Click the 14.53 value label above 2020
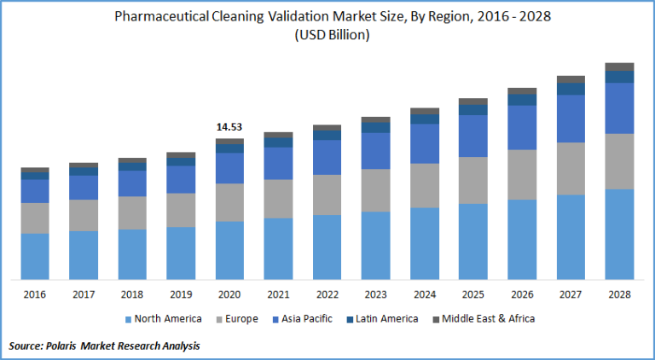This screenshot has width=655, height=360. (x=229, y=127)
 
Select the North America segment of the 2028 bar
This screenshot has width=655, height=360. (x=619, y=234)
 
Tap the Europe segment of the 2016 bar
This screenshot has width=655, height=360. (x=35, y=218)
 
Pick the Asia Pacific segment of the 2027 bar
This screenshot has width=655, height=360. (x=571, y=118)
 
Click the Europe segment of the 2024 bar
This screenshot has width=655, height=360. (x=425, y=185)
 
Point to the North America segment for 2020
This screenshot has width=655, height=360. (x=229, y=250)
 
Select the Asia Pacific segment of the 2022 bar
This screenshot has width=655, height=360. (x=327, y=157)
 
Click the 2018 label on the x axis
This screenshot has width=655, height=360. (x=132, y=294)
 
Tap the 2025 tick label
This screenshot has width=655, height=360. (x=473, y=294)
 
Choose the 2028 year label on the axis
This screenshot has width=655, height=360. (x=619, y=294)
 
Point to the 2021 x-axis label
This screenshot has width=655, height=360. (x=279, y=294)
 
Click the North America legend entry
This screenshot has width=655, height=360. (x=168, y=319)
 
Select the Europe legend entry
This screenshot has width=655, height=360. (x=240, y=319)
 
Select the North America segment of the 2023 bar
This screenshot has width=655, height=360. (x=376, y=245)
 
